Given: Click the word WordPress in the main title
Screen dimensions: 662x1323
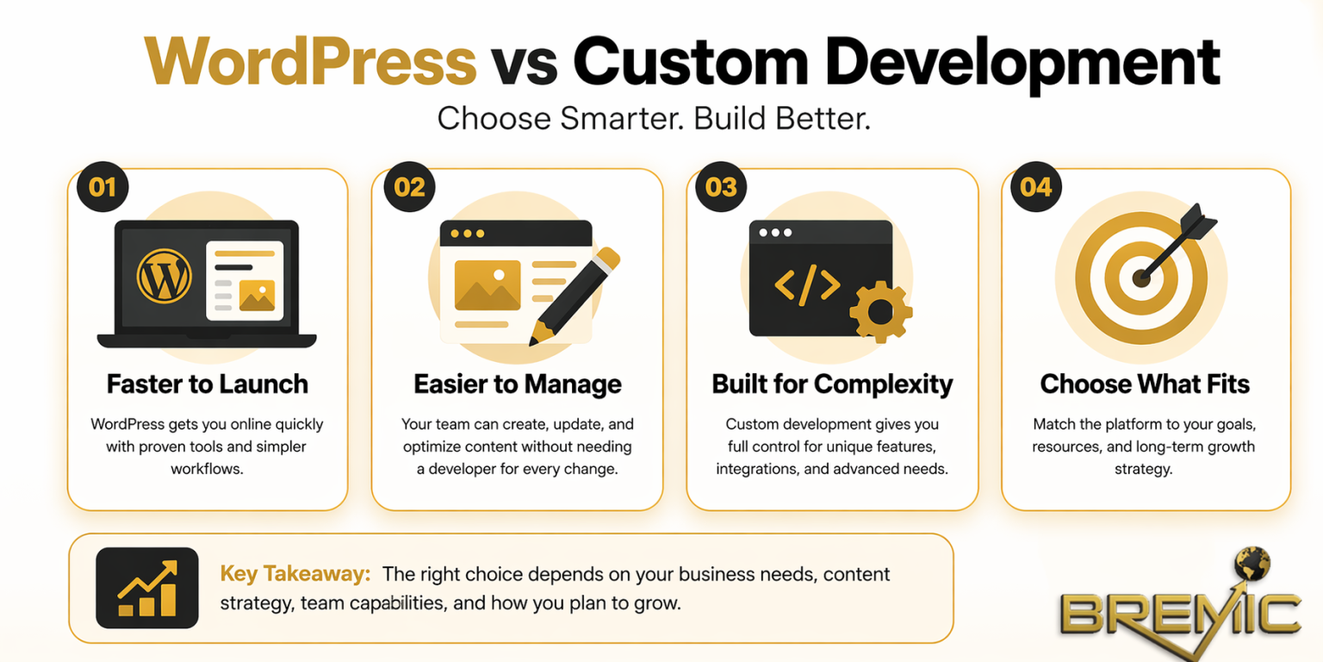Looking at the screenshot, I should pos(310,61).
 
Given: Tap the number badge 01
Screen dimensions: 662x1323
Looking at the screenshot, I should pos(102,187).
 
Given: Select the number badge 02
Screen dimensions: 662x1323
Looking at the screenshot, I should pos(409,187).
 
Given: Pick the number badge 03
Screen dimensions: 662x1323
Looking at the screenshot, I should pos(722,187).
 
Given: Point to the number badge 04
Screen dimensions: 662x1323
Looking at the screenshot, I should pos(1036,187).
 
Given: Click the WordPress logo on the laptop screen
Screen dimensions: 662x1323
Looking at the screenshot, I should pos(164,276).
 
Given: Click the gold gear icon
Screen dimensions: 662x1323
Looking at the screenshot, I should pos(880,311).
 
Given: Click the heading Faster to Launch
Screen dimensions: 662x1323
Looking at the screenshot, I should pos(208,384).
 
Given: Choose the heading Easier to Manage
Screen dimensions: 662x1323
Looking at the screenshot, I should pos(518,384).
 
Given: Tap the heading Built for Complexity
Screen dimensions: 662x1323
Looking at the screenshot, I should pos(832,384).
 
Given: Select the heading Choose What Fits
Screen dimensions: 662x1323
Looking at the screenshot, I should pos(1145,384).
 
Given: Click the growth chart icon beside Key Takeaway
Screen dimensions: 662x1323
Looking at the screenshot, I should pos(147,588).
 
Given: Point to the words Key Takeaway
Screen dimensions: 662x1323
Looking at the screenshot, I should pos(295,574).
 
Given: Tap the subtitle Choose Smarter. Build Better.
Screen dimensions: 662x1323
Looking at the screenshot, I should pos(654,118).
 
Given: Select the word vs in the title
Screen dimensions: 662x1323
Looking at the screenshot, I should pos(525,61).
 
